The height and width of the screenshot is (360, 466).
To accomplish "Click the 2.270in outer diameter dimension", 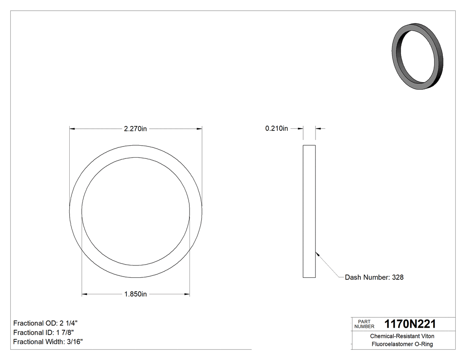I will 135,129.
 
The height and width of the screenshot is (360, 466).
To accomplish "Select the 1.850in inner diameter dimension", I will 135,294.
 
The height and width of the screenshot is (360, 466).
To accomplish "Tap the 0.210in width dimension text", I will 276,129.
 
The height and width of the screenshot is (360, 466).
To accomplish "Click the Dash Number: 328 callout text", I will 374,277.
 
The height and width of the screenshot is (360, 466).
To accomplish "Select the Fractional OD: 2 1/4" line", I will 46,323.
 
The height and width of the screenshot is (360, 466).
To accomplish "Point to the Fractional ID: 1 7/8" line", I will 43,332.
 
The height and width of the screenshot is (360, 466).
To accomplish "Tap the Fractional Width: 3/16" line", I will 48,342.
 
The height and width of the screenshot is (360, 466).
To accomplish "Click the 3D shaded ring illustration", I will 418,57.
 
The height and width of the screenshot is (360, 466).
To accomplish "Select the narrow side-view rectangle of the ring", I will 309,211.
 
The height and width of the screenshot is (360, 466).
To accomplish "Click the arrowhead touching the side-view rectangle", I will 317,254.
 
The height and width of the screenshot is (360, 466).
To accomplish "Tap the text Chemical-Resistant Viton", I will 402,336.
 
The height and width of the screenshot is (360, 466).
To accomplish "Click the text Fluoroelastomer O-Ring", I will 402,344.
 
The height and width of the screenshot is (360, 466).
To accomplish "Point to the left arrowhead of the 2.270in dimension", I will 72,129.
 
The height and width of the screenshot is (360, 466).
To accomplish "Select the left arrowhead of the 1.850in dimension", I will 85,294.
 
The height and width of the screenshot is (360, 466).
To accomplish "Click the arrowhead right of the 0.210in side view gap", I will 318,129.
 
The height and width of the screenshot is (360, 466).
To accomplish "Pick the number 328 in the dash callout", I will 398,277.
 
